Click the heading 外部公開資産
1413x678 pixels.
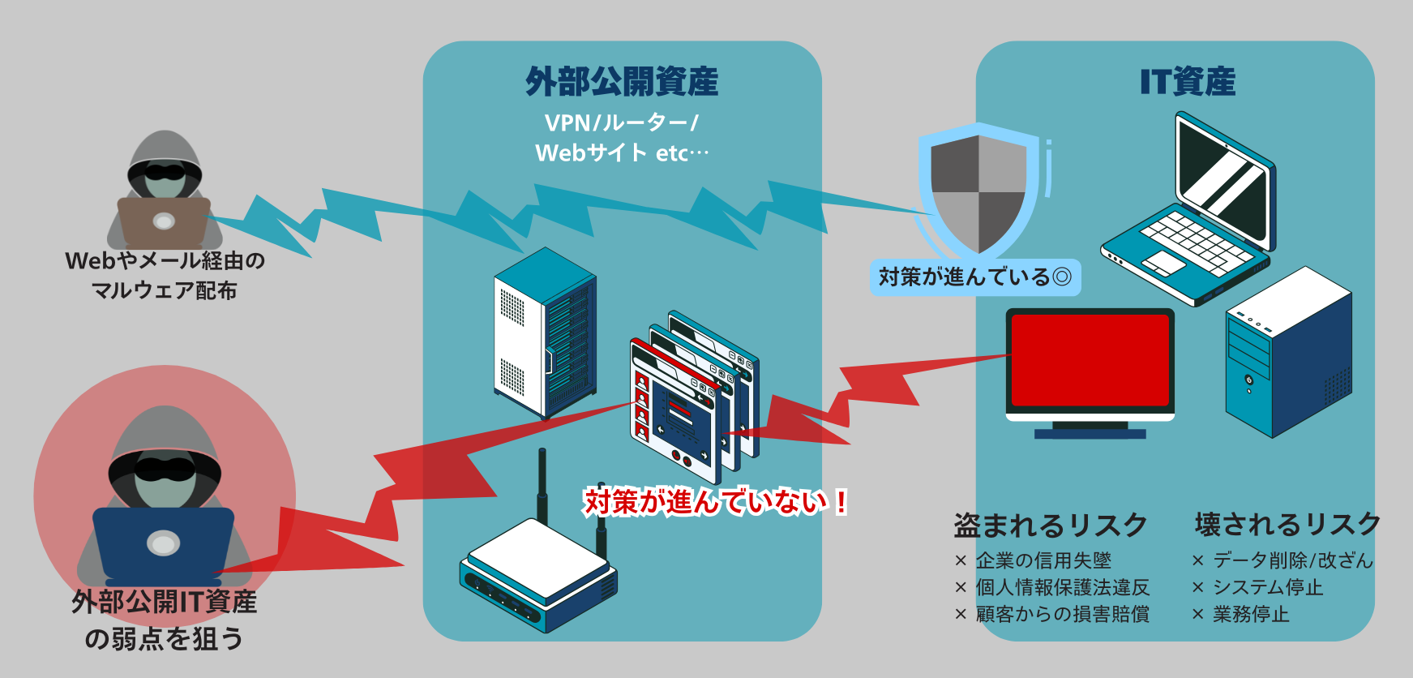point(622,82)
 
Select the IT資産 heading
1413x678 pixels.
point(1188,82)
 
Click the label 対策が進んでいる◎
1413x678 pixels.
point(975,277)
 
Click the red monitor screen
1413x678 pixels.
point(1090,360)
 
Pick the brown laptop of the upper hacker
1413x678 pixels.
point(165,221)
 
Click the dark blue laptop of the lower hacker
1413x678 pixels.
point(163,543)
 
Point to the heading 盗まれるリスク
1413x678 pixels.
point(1051,526)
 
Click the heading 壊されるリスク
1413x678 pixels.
point(1287,525)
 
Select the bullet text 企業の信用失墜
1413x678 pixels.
point(1043,560)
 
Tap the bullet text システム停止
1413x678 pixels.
point(1267,587)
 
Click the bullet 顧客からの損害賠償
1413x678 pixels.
point(1062,614)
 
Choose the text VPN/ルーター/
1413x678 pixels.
point(622,123)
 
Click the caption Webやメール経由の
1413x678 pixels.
point(165,261)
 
